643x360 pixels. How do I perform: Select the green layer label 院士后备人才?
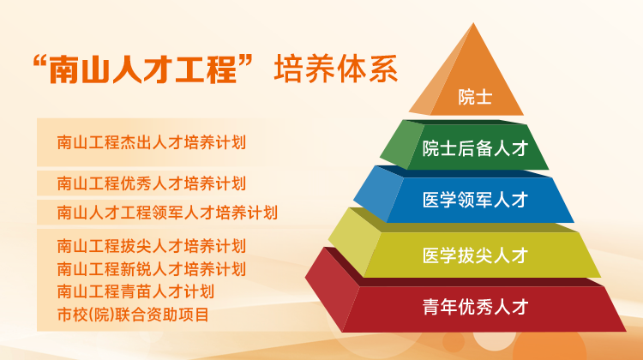click(x=474, y=149)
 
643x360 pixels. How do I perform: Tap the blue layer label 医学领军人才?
click(x=474, y=201)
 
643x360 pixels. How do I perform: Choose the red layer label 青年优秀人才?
click(x=474, y=306)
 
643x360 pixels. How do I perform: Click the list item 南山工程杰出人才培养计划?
click(x=151, y=142)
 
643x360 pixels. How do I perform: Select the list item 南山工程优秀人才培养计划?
click(x=151, y=183)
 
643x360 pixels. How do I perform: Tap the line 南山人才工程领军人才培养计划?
click(x=167, y=212)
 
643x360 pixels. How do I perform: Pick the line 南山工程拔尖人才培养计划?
click(x=151, y=247)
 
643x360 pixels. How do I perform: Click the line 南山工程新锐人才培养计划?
click(x=151, y=269)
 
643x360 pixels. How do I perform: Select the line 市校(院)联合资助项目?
click(x=133, y=315)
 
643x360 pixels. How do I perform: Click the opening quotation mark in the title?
click(x=36, y=62)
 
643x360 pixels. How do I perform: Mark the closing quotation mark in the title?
click(x=256, y=62)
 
